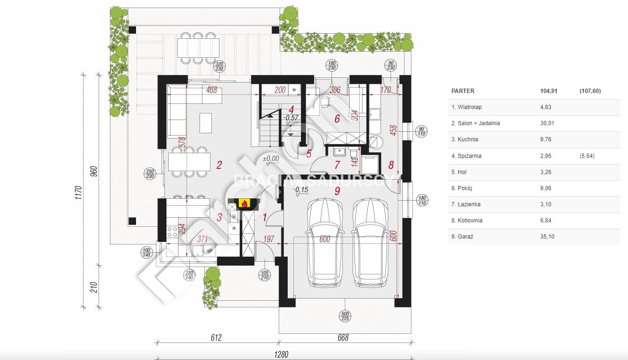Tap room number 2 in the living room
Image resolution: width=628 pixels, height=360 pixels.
219,165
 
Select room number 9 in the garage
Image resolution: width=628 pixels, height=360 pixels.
337,191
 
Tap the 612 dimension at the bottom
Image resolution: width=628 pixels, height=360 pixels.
216,338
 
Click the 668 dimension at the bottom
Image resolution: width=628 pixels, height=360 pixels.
342,338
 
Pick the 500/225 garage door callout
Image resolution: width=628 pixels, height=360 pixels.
345,316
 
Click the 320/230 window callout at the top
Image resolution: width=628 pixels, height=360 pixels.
219,67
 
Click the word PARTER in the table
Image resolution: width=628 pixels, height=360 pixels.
463,91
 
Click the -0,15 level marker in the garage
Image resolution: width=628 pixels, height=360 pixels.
300,190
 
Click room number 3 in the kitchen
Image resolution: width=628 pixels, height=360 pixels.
219,217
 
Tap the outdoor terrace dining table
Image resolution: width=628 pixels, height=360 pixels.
198,47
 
